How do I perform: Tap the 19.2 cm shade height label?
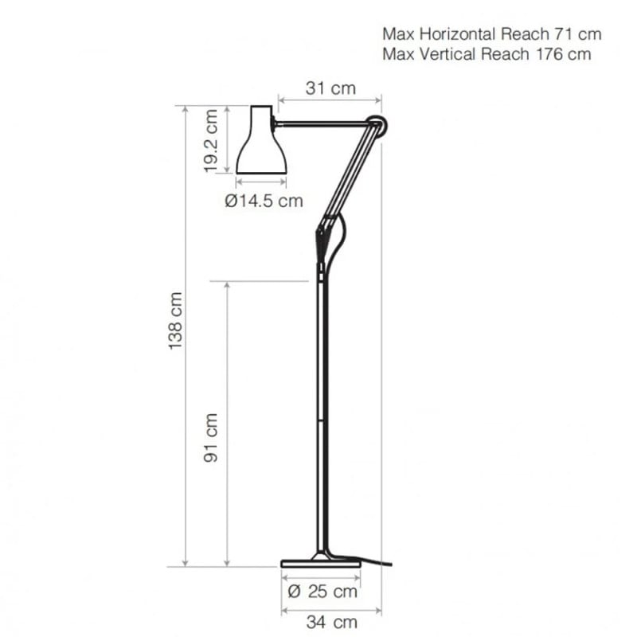click(211, 140)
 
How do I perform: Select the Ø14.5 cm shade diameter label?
click(264, 201)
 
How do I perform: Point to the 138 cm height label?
click(176, 319)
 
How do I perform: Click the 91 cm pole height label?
click(212, 437)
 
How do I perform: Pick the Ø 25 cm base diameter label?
click(321, 592)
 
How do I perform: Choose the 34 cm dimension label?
click(332, 622)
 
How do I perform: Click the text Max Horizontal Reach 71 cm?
click(491, 34)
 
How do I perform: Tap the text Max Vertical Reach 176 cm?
click(487, 54)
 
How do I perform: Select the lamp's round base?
click(322, 562)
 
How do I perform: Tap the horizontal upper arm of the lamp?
click(322, 123)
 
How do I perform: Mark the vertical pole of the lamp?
click(322, 414)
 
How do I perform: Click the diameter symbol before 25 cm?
click(292, 592)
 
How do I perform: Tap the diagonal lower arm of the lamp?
click(350, 175)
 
